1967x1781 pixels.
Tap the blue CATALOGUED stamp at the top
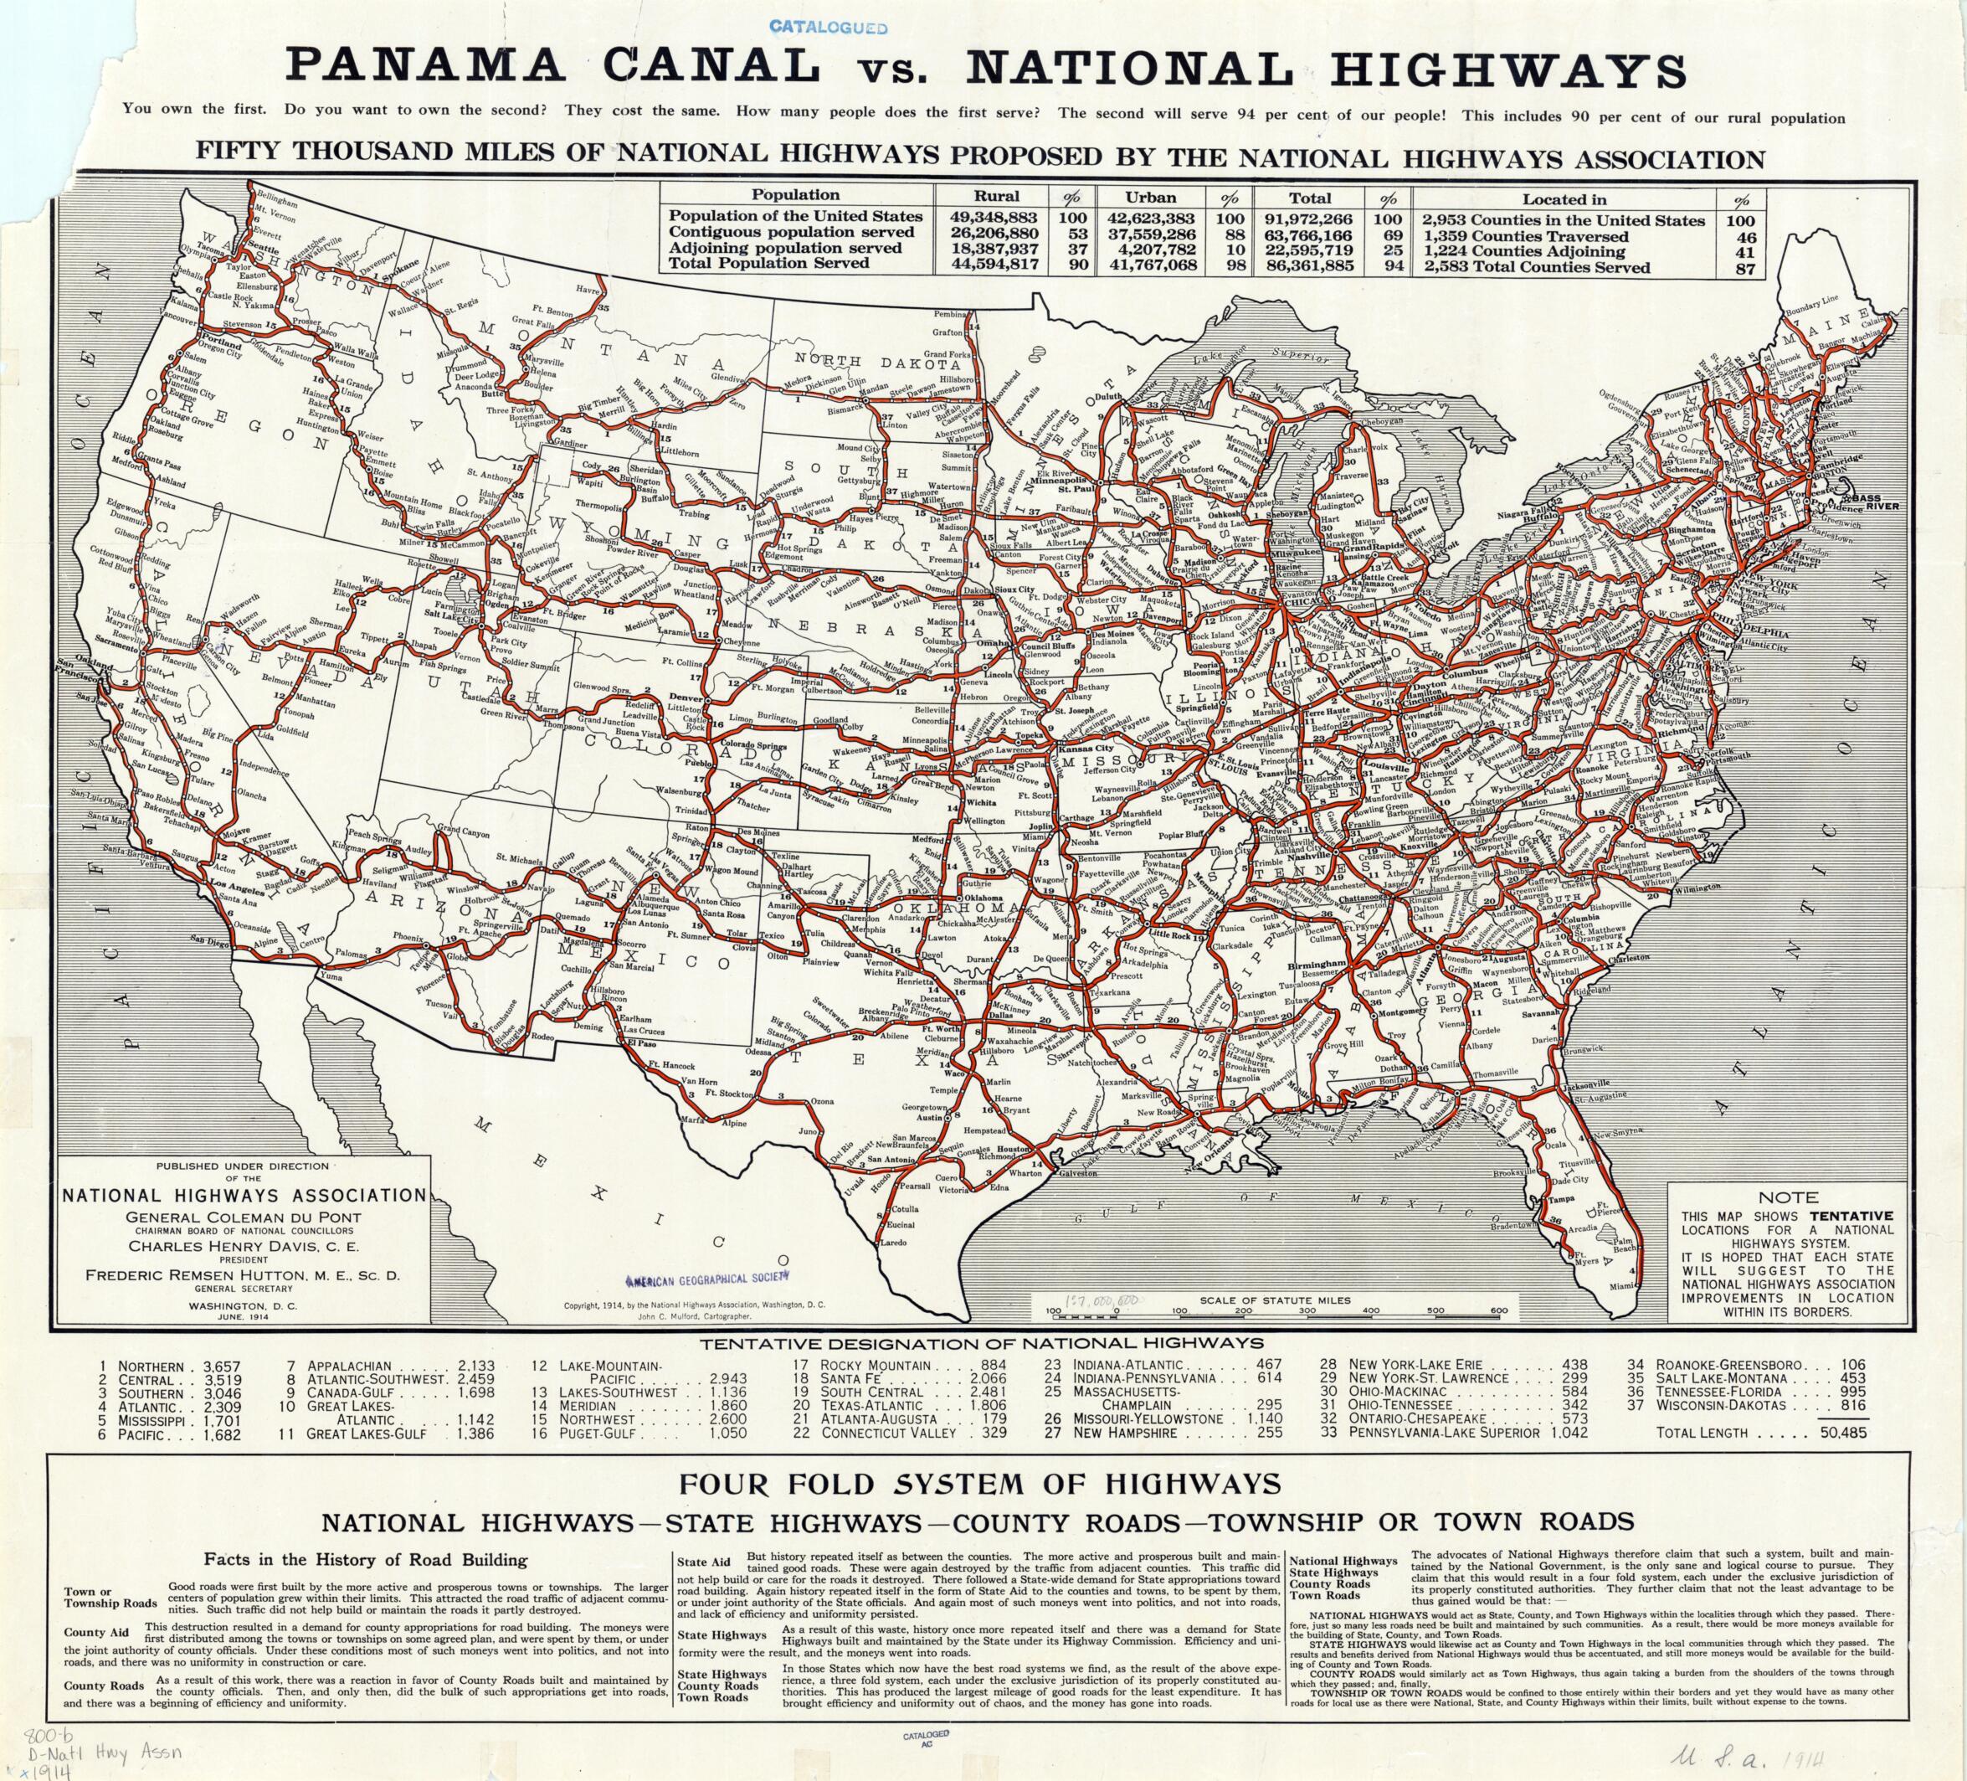(x=829, y=28)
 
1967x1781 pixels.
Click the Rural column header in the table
(x=996, y=195)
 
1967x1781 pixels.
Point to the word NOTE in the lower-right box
(x=1788, y=1197)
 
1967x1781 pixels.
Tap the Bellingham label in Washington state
(x=277, y=196)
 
